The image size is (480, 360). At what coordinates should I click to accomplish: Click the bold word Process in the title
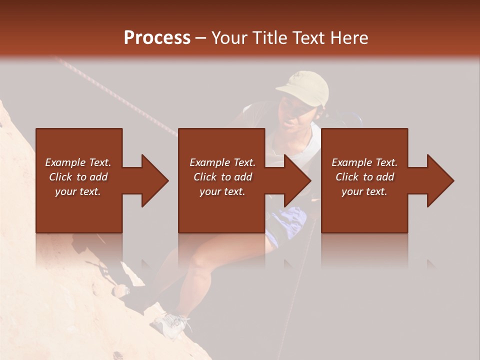click(x=157, y=38)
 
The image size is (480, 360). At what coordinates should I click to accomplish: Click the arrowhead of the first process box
click(x=155, y=180)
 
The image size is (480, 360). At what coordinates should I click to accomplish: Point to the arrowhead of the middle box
click(x=298, y=180)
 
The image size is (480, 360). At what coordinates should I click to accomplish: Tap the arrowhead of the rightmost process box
click(x=440, y=180)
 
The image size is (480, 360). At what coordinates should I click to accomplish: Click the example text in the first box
click(x=78, y=177)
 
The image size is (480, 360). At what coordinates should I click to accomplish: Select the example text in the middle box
click(x=222, y=177)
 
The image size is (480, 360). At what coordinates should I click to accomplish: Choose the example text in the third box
click(x=364, y=177)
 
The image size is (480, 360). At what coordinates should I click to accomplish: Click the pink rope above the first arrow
click(x=115, y=95)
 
